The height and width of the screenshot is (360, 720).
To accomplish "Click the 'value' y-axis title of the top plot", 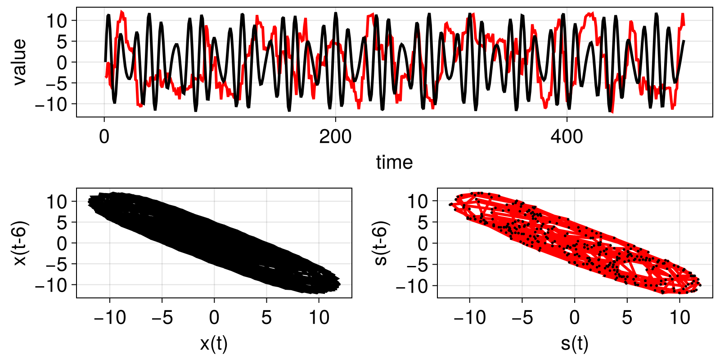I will pyautogui.click(x=19, y=62).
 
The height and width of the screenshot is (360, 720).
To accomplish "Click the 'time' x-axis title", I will pyautogui.click(x=394, y=162).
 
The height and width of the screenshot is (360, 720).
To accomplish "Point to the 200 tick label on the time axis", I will pyautogui.click(x=335, y=137).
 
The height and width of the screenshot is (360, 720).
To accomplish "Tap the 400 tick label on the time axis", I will pyautogui.click(x=567, y=137).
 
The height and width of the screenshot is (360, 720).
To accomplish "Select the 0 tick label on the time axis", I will pyautogui.click(x=104, y=137).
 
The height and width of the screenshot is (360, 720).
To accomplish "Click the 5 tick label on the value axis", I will pyautogui.click(x=62, y=41).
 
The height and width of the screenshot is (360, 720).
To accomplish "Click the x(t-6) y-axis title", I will pyautogui.click(x=20, y=243).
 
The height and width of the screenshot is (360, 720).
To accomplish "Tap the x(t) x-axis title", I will pyautogui.click(x=214, y=344).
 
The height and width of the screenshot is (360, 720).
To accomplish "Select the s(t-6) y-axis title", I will pyautogui.click(x=381, y=243).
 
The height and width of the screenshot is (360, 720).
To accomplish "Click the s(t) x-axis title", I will pyautogui.click(x=575, y=344).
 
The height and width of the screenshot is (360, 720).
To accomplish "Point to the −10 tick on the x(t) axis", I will pyautogui.click(x=109, y=318).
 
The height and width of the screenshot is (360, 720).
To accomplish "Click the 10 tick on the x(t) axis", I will pyautogui.click(x=319, y=318).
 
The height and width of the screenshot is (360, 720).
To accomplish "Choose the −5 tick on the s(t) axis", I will pyautogui.click(x=522, y=318).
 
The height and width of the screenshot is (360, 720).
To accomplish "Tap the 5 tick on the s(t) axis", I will pyautogui.click(x=627, y=318).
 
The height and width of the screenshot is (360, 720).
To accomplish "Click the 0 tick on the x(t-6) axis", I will pyautogui.click(x=62, y=243).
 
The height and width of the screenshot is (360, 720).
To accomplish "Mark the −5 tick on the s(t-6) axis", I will pyautogui.click(x=416, y=265).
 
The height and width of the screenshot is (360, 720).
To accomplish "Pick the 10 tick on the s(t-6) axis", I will pyautogui.click(x=417, y=202).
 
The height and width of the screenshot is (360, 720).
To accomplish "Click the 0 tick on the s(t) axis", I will pyautogui.click(x=575, y=318).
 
